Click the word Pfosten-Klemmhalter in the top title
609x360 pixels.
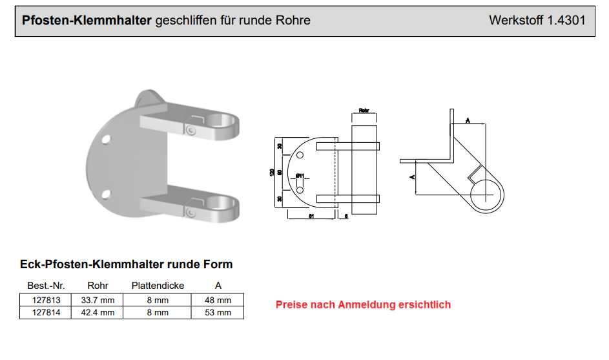(87, 20)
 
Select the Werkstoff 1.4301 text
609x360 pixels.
(537, 20)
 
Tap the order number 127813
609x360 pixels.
(46, 300)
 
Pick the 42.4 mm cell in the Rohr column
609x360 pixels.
(98, 313)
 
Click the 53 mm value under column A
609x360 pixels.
(218, 313)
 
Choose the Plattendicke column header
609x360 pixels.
(158, 286)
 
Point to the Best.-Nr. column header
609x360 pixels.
(46, 286)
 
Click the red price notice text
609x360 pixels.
(363, 304)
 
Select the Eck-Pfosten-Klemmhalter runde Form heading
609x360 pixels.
(127, 264)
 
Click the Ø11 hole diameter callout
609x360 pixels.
(300, 176)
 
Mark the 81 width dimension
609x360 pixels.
(311, 217)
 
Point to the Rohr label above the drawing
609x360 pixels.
(364, 111)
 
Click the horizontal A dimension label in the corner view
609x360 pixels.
(467, 120)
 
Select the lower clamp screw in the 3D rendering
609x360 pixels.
(191, 213)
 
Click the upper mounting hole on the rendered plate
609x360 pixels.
(106, 138)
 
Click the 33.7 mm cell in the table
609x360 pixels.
(98, 300)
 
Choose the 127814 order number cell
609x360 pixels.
(46, 313)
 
